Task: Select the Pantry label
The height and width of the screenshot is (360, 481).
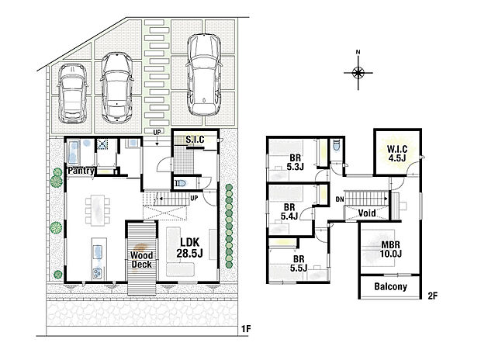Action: (x=81, y=170)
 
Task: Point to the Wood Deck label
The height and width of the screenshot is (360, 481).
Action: (x=140, y=259)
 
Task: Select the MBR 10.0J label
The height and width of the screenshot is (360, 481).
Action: (x=390, y=248)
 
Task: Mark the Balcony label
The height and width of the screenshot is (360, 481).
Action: (x=390, y=287)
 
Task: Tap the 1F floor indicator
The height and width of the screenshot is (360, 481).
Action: (x=245, y=329)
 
